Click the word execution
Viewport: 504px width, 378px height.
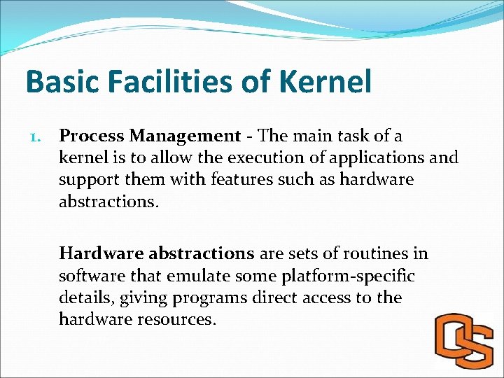coord(249,157)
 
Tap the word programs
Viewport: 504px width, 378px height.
coord(210,297)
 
